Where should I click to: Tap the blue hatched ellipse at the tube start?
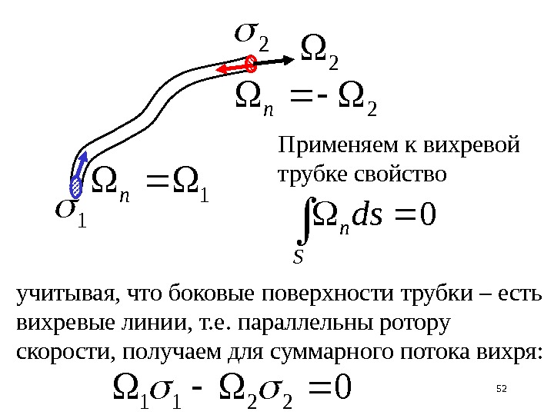[x=76, y=185]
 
